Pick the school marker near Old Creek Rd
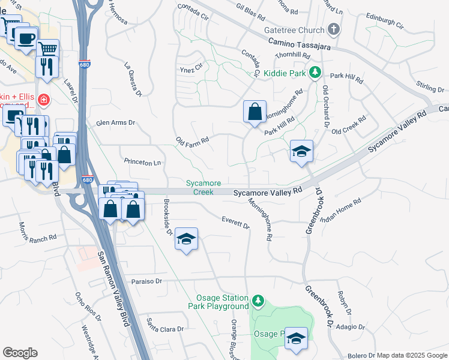click(x=301, y=151)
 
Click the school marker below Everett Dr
click(x=187, y=240)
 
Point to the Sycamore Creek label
click(x=203, y=187)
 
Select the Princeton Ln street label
click(x=142, y=162)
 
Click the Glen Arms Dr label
click(x=116, y=123)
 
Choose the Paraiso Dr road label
click(x=146, y=281)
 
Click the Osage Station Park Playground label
click(x=223, y=302)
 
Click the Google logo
click(x=20, y=353)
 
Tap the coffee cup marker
click(x=25, y=38)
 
